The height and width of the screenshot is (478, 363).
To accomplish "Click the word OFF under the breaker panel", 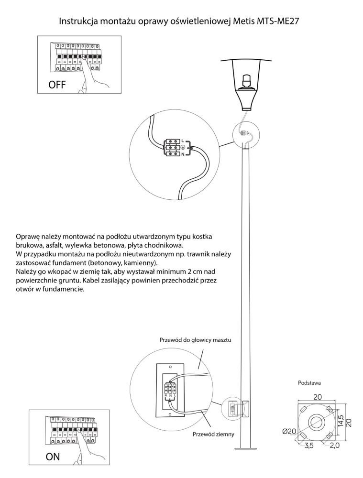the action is point(57,85).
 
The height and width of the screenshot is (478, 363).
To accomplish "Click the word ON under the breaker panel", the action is point(53,456).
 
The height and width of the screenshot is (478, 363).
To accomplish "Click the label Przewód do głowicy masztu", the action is point(195,339).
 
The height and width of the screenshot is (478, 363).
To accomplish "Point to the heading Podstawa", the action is point(309,383).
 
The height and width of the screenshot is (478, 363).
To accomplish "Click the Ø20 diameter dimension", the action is point(289,431).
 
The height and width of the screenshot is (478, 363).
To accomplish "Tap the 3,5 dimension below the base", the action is point(308,445).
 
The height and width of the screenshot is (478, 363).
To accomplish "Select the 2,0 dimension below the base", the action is point(334,445).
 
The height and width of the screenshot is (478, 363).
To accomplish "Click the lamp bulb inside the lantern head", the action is point(246,81).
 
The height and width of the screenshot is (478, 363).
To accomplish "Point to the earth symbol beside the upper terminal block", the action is point(182,148).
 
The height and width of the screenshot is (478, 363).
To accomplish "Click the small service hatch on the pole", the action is point(245,408).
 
